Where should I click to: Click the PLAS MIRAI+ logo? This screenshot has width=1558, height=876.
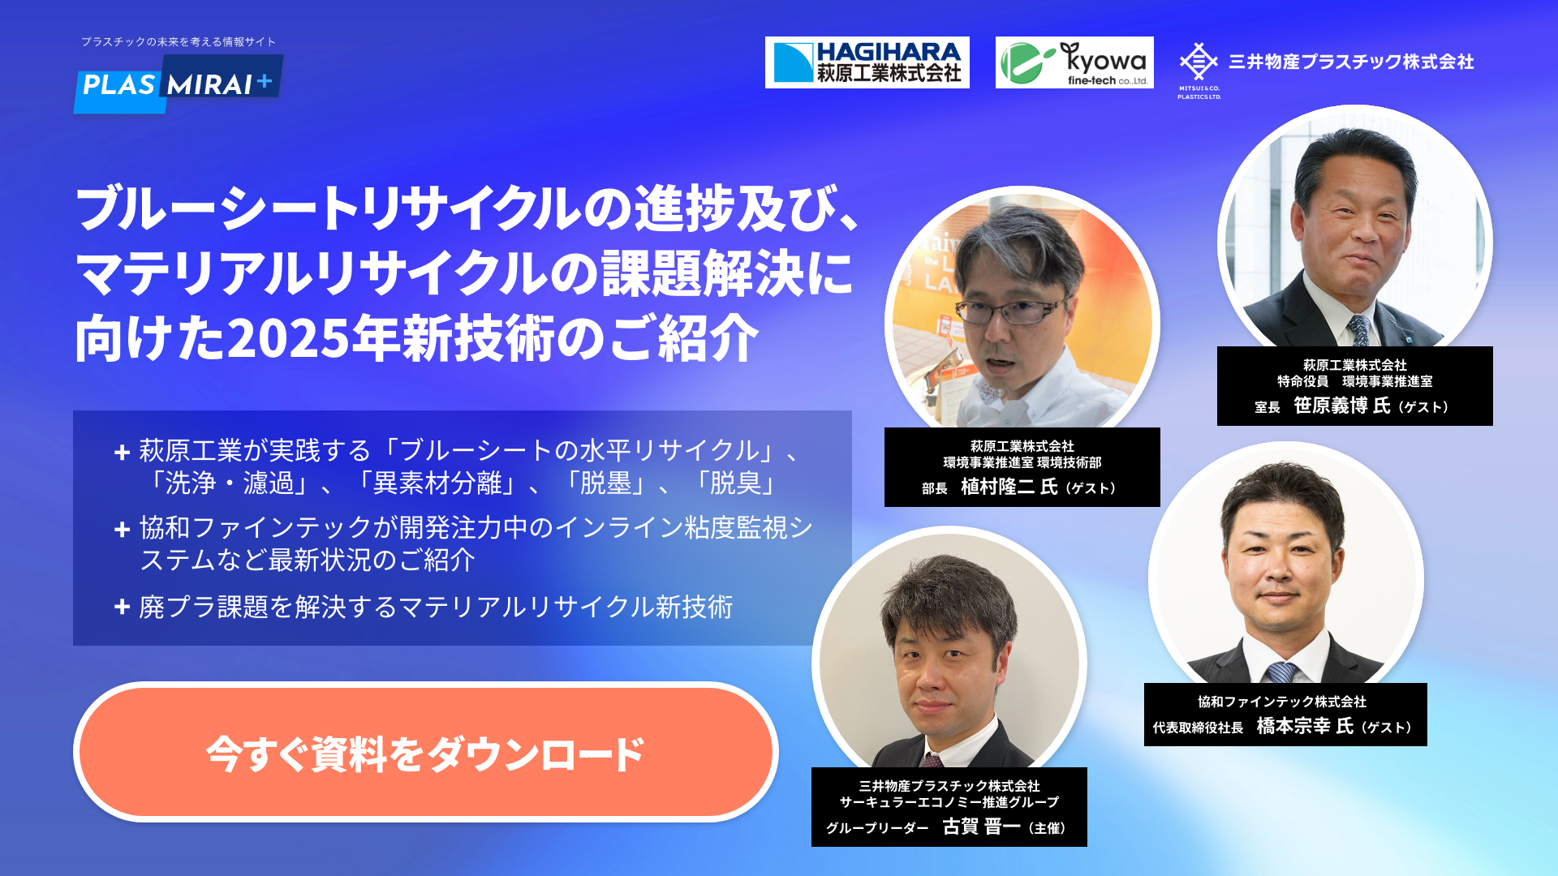179,84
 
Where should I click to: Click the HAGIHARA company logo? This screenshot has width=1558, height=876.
867,62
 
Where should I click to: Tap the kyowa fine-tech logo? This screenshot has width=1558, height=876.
1074,62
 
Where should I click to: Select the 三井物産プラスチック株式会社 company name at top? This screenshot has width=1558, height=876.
1351,62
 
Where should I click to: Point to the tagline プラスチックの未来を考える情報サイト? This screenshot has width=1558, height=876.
179,41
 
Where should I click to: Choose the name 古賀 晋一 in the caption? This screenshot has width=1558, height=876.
981,827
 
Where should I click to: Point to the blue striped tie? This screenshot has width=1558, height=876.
1281,672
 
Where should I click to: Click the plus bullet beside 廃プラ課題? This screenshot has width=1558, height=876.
123,607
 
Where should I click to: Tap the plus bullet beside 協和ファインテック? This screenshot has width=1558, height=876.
123,530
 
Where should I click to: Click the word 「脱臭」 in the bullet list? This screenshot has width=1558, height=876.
735,483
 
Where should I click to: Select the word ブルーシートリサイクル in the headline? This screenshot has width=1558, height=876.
329,208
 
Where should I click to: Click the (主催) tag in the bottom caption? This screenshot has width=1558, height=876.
1047,828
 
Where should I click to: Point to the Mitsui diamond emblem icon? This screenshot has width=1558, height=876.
1199,62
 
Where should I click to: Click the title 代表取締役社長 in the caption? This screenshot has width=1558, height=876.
1198,728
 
